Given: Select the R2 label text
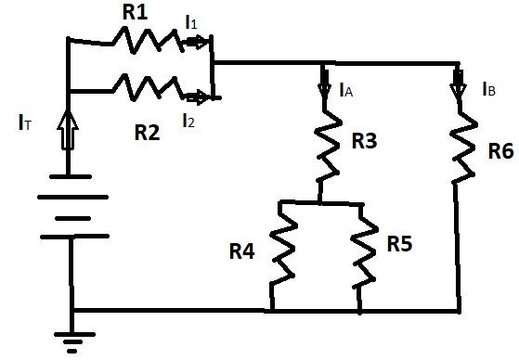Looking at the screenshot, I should [147, 132].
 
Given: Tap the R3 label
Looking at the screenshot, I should [364, 142].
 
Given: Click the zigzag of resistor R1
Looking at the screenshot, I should [144, 38].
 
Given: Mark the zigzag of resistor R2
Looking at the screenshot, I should [147, 88].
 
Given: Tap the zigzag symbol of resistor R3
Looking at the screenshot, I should [325, 148].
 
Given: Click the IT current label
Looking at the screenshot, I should [23, 122].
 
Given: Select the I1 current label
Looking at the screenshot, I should [191, 20].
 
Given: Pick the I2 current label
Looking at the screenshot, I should [189, 119].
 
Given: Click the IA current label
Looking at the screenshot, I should [344, 90].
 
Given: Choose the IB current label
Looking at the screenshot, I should [488, 90].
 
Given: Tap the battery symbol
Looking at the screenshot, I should [71, 206].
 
